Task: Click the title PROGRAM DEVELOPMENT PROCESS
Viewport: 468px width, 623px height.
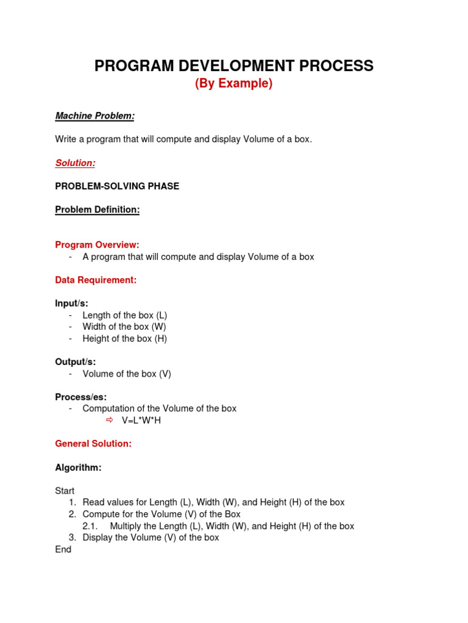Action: [x=233, y=66]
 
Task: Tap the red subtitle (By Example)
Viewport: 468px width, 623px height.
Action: [x=233, y=84]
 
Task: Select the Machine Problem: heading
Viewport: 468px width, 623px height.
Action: [x=94, y=116]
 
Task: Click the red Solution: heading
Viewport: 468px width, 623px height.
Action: [x=75, y=163]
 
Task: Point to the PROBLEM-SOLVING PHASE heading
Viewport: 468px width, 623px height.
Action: [x=117, y=186]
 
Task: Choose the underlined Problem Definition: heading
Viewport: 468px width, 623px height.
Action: [x=97, y=210]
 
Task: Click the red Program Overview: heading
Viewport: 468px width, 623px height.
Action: [x=97, y=245]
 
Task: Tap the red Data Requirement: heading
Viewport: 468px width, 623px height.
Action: [x=96, y=280]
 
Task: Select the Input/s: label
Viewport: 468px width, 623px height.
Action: [x=72, y=304]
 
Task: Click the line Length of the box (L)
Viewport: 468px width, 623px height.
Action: [x=124, y=315]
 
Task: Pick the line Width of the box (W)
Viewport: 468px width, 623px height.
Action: [x=124, y=327]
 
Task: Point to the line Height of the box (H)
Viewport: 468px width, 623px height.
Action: [x=124, y=338]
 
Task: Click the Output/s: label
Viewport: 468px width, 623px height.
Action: [x=76, y=362]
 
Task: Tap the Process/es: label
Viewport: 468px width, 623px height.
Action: [x=80, y=397]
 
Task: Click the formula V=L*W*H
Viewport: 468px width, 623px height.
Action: [x=141, y=420]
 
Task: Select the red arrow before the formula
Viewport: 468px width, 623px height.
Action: [x=110, y=420]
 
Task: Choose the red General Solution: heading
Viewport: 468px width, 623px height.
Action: [x=93, y=444]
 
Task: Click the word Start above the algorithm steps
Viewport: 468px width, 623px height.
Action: [x=65, y=491]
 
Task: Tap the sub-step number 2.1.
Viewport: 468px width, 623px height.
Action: [x=90, y=526]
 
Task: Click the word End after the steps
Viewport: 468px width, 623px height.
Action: [x=63, y=549]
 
